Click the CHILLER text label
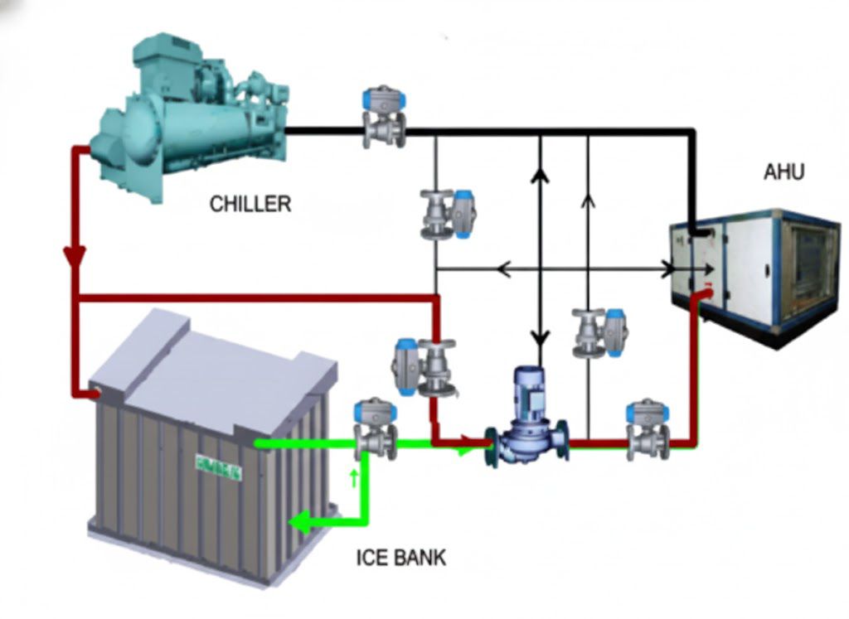point(250,204)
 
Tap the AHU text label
point(784,172)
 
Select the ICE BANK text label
point(400,557)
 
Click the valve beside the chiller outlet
point(384,120)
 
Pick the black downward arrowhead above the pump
point(541,337)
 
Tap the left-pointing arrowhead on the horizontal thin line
point(502,269)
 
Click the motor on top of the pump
point(528,389)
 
